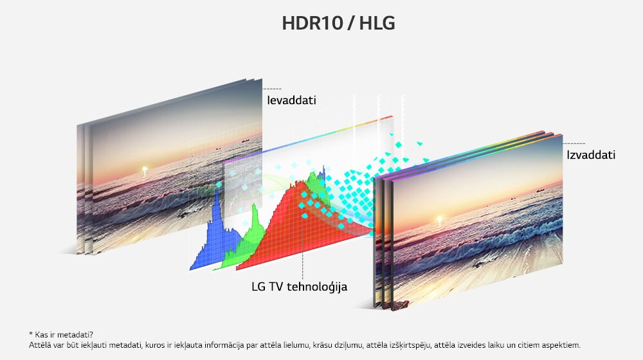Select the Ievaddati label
[292, 101]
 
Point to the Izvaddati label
[591, 155]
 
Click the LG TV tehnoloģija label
[300, 287]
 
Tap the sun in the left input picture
[144, 170]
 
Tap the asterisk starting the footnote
[30, 334]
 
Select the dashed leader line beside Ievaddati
[272, 89]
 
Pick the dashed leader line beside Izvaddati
[575, 143]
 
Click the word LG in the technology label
[259, 287]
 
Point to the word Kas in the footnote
[41, 334]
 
